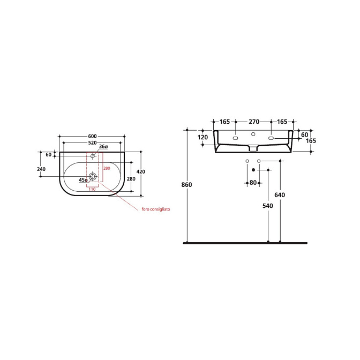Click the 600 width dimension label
tap(92, 136)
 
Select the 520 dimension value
tap(92, 143)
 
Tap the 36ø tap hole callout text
tap(103, 146)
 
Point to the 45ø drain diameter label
tap(83, 180)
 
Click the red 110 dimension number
tap(92, 189)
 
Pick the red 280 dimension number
tap(107, 168)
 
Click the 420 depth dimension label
tap(141, 171)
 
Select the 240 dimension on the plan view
tap(41, 169)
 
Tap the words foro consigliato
tap(156, 209)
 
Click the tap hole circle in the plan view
tap(93, 156)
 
